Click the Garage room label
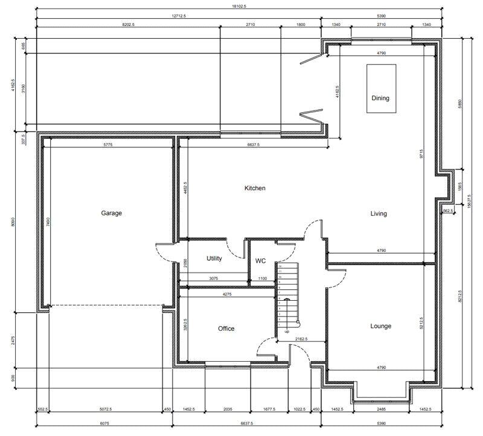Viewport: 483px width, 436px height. [x=111, y=213]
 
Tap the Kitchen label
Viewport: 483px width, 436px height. [x=255, y=188]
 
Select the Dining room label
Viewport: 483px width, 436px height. [x=380, y=98]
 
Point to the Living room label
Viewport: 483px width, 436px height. [x=379, y=214]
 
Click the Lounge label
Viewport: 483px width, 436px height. [x=380, y=327]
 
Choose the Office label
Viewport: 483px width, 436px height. [x=226, y=329]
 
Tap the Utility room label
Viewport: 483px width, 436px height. [x=214, y=258]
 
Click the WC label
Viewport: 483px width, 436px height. [x=260, y=261]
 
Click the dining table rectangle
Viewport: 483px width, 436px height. [x=381, y=88]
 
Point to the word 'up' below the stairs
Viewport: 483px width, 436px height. [x=286, y=332]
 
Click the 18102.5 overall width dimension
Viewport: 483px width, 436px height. [x=240, y=6]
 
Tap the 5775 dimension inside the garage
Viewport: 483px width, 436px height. [x=109, y=145]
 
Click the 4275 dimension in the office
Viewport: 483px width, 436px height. [x=226, y=295]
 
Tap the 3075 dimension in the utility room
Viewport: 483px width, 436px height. [x=214, y=279]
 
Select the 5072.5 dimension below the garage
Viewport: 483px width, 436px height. [x=105, y=409]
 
